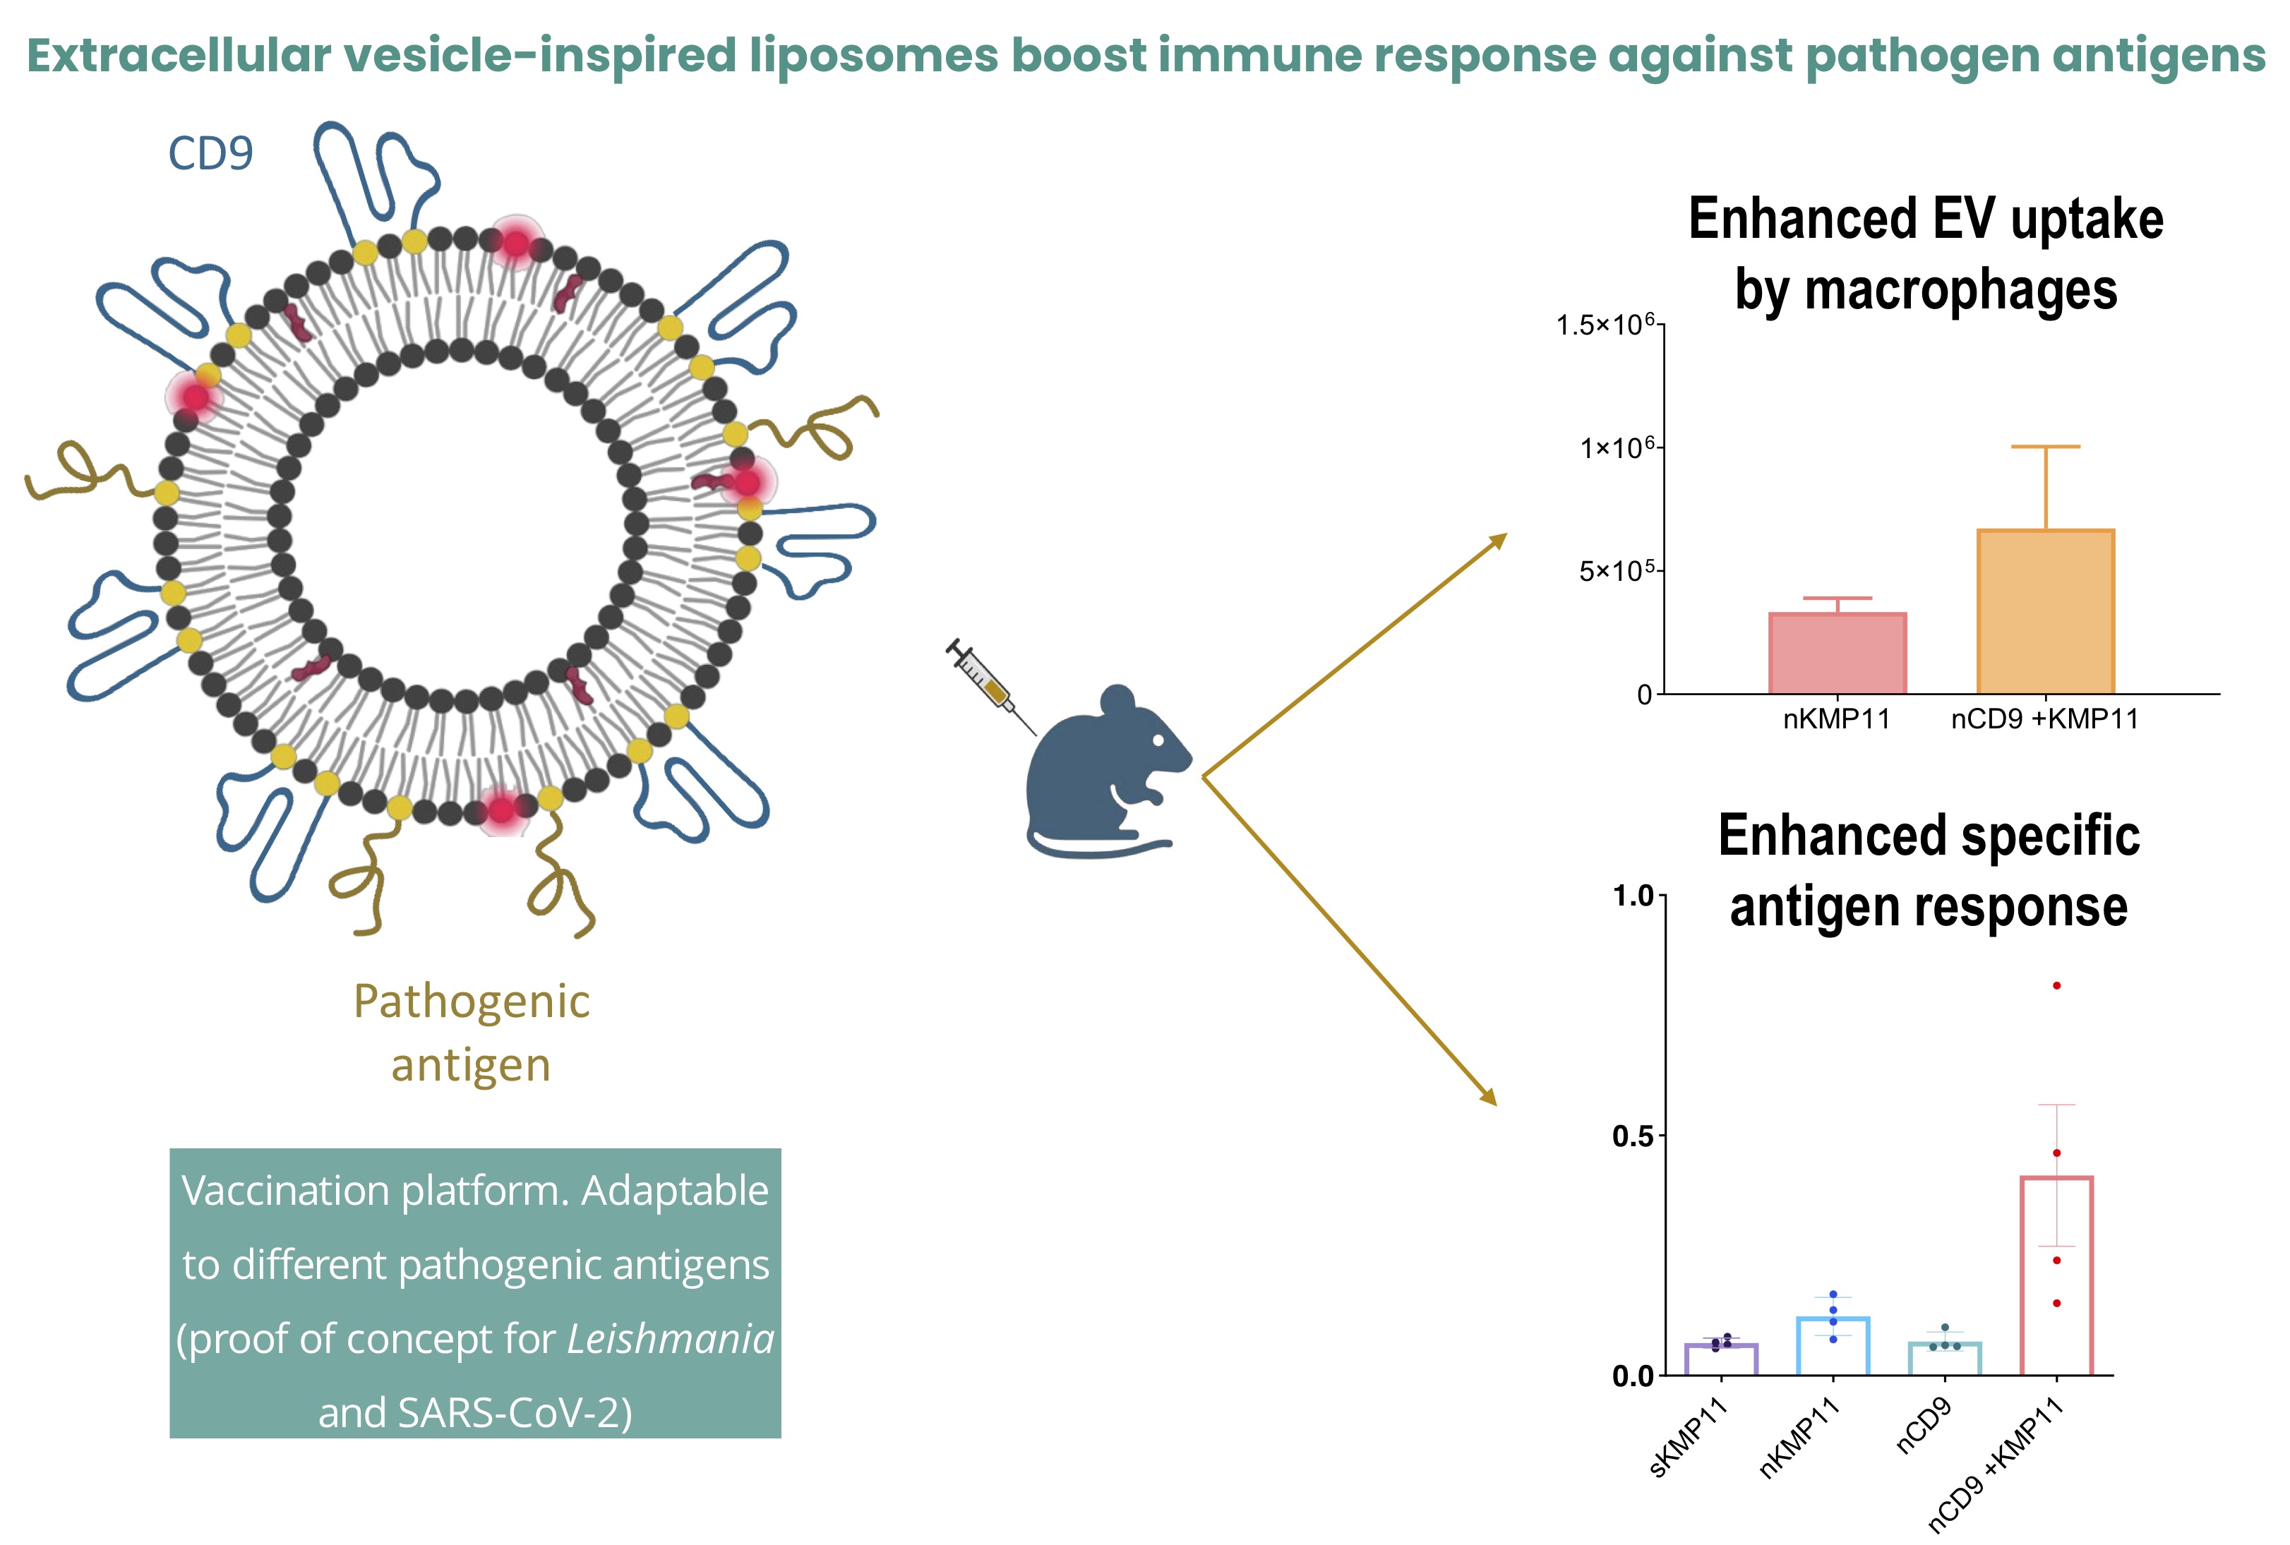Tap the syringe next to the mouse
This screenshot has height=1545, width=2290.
pyautogui.click(x=989, y=686)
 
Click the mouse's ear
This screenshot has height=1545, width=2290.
pyautogui.click(x=1118, y=702)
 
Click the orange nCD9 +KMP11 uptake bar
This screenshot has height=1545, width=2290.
pyautogui.click(x=2046, y=612)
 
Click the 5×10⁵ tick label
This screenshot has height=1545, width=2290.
pyautogui.click(x=1616, y=572)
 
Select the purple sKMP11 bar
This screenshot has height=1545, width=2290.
pyautogui.click(x=1722, y=1360)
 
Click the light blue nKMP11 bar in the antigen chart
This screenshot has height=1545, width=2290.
pyautogui.click(x=1833, y=1346)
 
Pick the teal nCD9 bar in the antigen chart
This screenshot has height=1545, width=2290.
pyautogui.click(x=1944, y=1359)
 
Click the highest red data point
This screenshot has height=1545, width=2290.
pyautogui.click(x=2056, y=985)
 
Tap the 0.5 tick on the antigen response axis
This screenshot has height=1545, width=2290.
pyautogui.click(x=1633, y=1136)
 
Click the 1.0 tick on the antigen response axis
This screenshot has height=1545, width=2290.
pyautogui.click(x=1633, y=896)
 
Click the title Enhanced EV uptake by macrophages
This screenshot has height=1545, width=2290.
pyautogui.click(x=1926, y=253)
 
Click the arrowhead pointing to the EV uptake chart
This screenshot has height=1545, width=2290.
pyautogui.click(x=1498, y=540)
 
